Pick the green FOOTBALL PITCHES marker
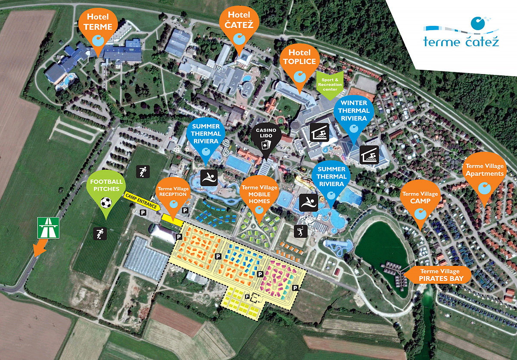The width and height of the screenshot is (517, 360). (106, 189)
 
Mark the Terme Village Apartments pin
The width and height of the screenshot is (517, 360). (485, 177)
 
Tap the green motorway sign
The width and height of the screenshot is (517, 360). (48, 227)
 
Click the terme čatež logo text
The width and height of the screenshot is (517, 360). (461, 42)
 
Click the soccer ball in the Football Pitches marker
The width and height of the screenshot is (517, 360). (106, 202)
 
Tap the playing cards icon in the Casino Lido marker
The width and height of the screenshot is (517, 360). (266, 145)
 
